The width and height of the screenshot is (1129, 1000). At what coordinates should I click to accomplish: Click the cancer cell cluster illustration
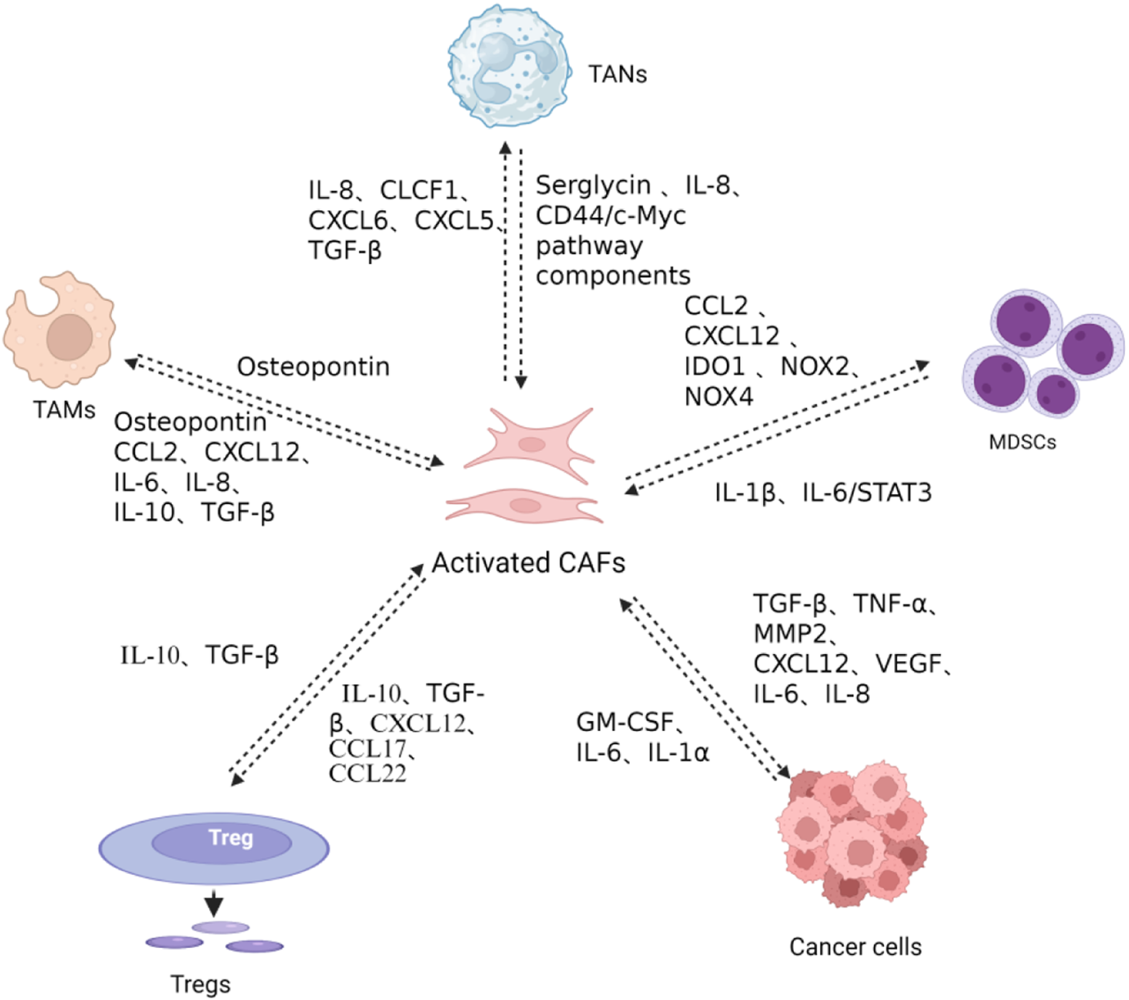[x=852, y=833]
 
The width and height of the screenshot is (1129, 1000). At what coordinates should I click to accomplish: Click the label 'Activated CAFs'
[x=528, y=562]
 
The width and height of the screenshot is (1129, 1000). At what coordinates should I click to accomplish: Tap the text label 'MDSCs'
[x=1022, y=442]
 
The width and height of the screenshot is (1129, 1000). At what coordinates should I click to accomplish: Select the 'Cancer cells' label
[x=855, y=947]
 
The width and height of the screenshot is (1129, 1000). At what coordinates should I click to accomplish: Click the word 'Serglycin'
[x=593, y=185]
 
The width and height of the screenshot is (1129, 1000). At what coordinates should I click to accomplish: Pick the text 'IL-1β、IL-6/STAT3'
[x=822, y=492]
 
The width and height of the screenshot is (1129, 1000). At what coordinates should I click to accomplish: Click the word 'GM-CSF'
[x=624, y=722]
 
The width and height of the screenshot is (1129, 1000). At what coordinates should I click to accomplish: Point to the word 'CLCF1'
[x=418, y=191]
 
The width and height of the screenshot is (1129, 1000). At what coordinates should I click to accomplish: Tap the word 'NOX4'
[x=718, y=396]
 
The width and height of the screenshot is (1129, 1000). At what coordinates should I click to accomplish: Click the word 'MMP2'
[x=790, y=634]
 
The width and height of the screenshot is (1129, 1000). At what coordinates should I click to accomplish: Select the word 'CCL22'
[x=367, y=774]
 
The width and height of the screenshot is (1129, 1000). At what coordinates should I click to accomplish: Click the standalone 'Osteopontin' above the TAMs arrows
[x=313, y=366]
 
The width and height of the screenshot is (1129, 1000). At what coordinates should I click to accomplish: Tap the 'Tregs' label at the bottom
[x=200, y=984]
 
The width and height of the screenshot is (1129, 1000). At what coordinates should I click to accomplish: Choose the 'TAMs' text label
[x=64, y=410]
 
